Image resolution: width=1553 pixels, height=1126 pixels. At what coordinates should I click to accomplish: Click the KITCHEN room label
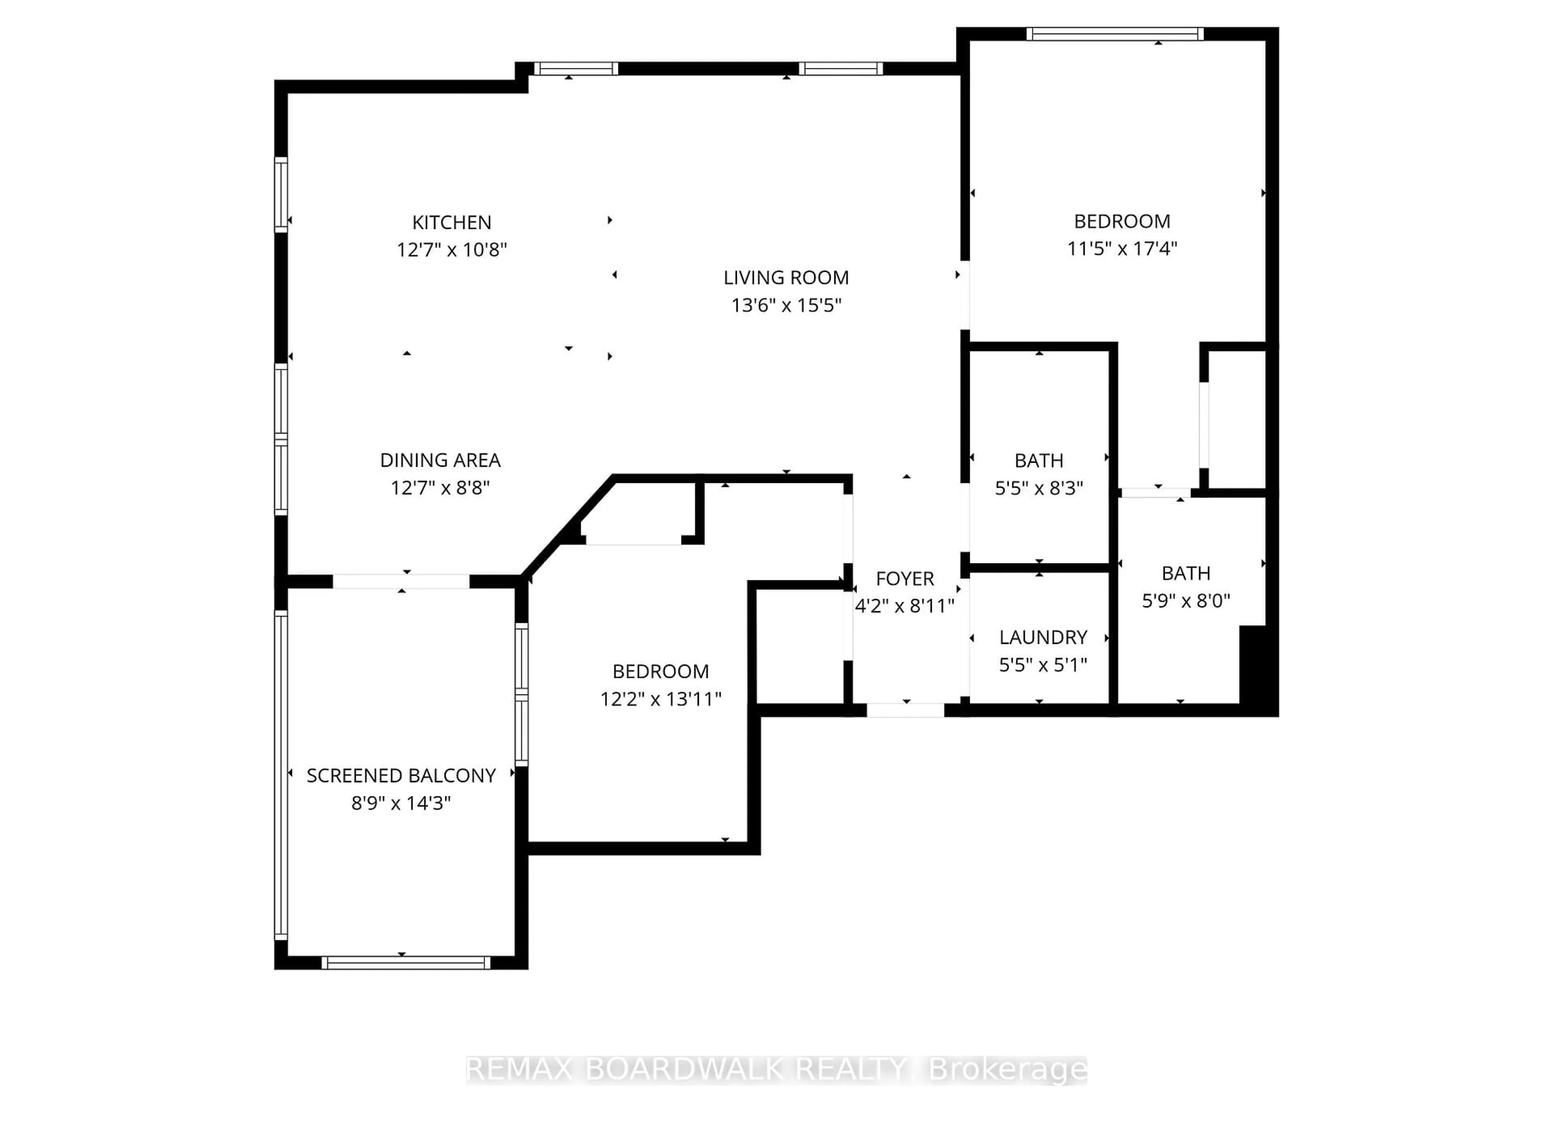[x=451, y=222]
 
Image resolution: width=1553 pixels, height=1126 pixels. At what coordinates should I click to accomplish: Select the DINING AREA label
[x=440, y=460]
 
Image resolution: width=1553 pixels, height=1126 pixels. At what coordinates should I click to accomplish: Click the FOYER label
[x=905, y=579]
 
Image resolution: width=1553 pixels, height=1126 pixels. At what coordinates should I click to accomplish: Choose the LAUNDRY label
[x=1043, y=638]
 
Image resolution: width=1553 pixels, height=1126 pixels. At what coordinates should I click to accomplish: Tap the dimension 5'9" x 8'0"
[x=1186, y=601]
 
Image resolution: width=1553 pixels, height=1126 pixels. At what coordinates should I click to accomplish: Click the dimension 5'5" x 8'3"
[x=1039, y=488]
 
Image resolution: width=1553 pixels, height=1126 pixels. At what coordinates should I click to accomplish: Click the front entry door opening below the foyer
[x=905, y=710]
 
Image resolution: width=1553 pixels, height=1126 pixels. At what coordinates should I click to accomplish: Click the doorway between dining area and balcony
[x=401, y=582]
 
